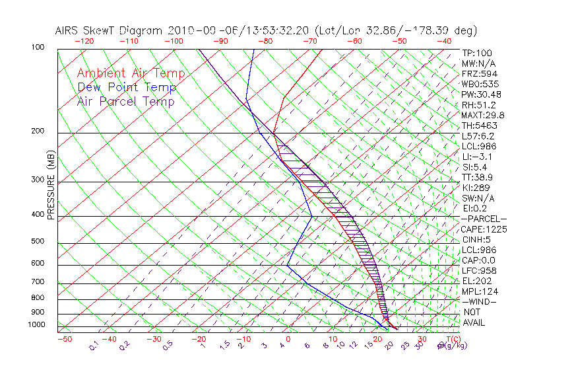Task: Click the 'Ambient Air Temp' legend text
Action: click(x=131, y=73)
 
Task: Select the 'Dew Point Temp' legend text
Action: click(x=126, y=87)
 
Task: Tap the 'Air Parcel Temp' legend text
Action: click(x=125, y=101)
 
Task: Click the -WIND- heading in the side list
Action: click(x=480, y=302)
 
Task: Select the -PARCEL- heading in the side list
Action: click(x=484, y=219)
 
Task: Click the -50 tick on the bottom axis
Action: click(x=65, y=339)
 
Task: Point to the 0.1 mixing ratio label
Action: click(x=94, y=345)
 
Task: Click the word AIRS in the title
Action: click(x=69, y=30)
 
